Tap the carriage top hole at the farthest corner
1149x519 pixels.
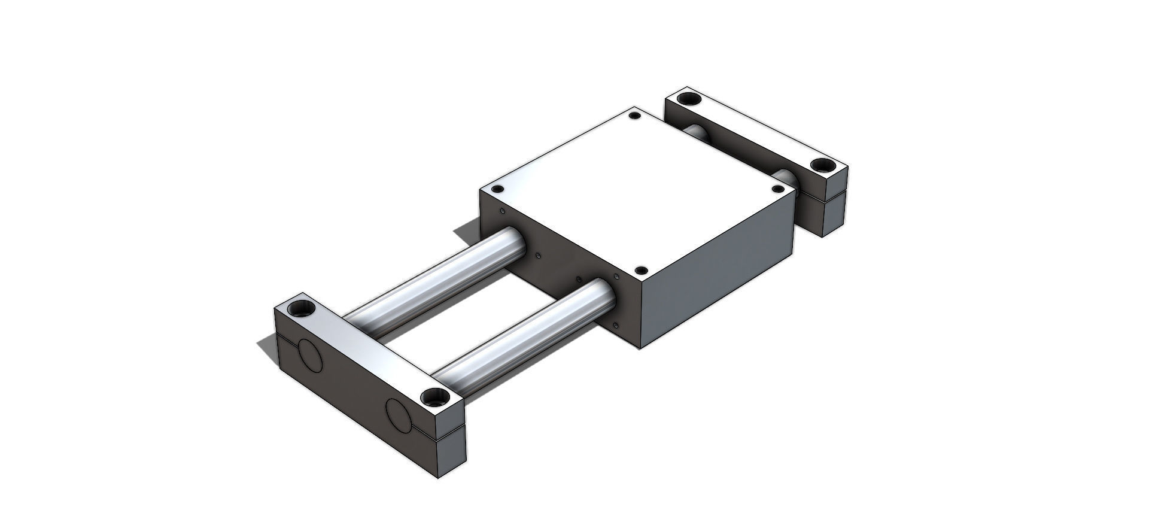coord(636,116)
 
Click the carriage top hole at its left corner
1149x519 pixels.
coord(496,190)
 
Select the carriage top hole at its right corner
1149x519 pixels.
coord(778,189)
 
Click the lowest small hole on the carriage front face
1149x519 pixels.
coord(616,325)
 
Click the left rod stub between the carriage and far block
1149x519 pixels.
coord(697,133)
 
